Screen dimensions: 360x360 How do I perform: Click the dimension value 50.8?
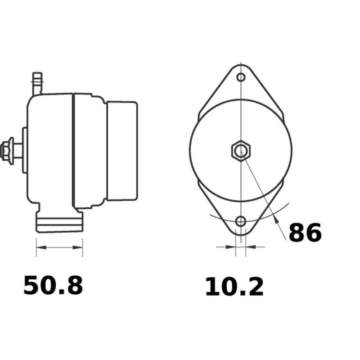(x=53, y=286)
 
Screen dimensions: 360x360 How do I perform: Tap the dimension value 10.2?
(x=234, y=287)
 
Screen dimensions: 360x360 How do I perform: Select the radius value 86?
(x=305, y=233)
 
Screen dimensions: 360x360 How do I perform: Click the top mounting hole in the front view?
(x=241, y=77)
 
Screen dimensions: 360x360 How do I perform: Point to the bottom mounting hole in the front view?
(x=241, y=221)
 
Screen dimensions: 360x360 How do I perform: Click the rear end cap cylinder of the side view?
(x=121, y=151)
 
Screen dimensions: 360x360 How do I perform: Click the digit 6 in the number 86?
(x=313, y=233)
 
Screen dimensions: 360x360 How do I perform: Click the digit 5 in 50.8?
(x=31, y=286)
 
